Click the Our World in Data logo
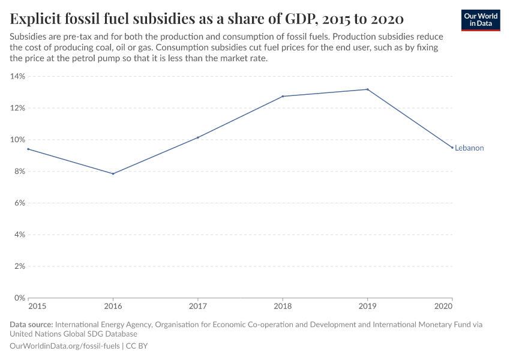tap(481, 20)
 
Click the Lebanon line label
tap(469, 148)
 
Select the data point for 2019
tap(367, 89)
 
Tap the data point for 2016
tap(113, 173)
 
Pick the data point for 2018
tap(283, 96)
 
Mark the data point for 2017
tap(198, 137)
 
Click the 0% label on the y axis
tap(19, 298)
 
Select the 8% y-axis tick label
tap(19, 172)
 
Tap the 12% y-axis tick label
tap(17, 108)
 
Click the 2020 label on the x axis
tap(443, 307)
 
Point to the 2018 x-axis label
tap(283, 307)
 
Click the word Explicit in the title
tap(35, 17)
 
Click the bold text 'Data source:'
tap(31, 325)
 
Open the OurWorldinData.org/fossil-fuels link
tap(65, 346)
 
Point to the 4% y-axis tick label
tap(19, 235)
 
